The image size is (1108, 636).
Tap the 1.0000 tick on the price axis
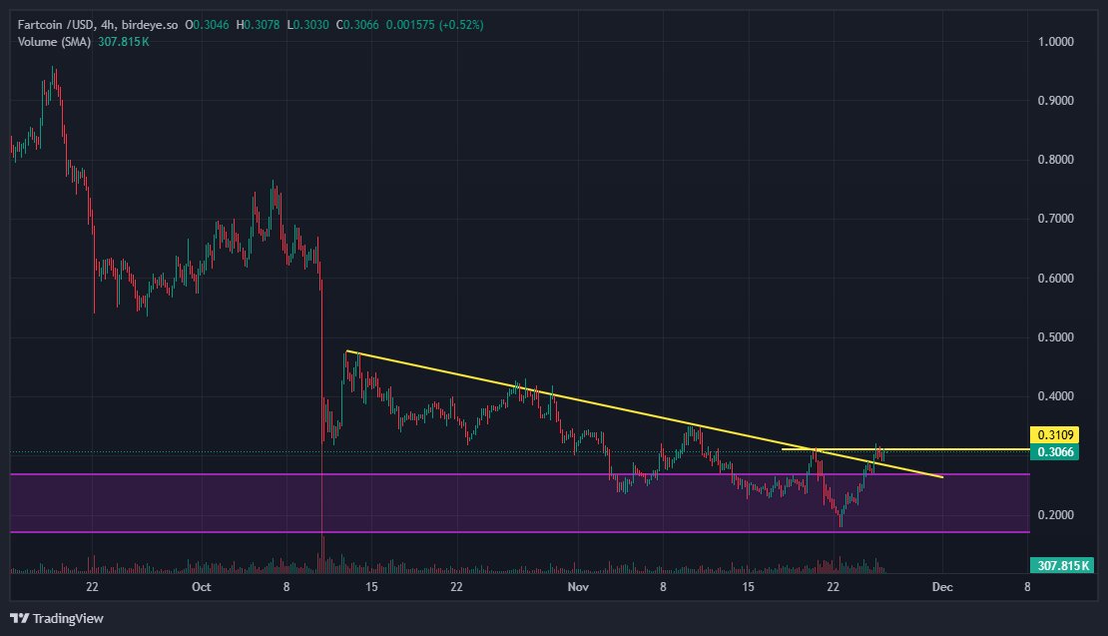1054,42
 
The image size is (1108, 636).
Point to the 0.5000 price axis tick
1054,337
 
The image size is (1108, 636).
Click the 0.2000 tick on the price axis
1054,515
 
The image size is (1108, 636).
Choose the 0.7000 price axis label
1054,219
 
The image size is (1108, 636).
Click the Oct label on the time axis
202,587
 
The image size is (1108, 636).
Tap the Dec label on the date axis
942,587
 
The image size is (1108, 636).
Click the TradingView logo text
68,619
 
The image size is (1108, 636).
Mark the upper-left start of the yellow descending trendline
346,351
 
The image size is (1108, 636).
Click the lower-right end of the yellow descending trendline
942,477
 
